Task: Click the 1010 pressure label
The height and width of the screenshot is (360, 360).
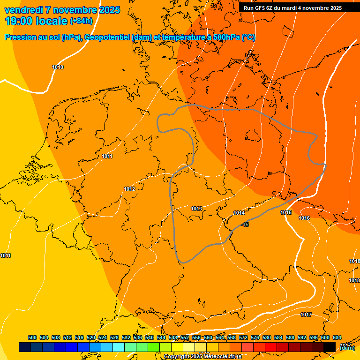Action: [x=58, y=67]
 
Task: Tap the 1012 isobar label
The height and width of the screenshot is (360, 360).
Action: [x=129, y=189]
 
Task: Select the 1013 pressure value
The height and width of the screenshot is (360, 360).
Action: [x=196, y=209]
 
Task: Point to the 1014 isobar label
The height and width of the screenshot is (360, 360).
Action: [x=239, y=213]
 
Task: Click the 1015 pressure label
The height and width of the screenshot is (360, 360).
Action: [x=286, y=213]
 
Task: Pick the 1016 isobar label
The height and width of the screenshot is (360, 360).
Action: [x=304, y=218]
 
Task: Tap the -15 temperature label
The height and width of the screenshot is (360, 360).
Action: [x=245, y=225]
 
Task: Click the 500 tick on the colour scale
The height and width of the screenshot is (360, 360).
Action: [x=32, y=338]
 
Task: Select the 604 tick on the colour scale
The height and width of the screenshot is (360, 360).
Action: [x=337, y=338]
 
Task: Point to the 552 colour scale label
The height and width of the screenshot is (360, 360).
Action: [x=185, y=338]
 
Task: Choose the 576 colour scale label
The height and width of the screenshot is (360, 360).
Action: [x=255, y=338]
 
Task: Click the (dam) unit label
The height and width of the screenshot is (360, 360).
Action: [x=347, y=348]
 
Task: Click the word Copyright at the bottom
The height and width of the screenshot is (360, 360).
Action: [x=176, y=357]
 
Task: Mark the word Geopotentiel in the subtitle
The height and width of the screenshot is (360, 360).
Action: [x=107, y=37]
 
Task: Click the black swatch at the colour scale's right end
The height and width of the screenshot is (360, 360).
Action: [x=330, y=347]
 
